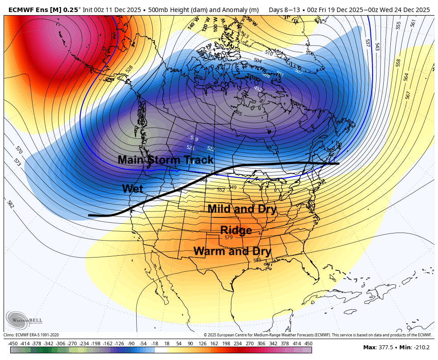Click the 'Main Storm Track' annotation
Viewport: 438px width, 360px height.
tap(166, 160)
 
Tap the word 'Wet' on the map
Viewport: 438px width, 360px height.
tap(133, 189)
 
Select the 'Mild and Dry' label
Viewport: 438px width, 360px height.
tap(242, 209)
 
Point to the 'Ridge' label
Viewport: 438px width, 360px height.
tap(236, 230)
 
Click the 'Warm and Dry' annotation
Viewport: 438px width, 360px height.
tap(232, 251)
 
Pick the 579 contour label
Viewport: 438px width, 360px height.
tap(228, 238)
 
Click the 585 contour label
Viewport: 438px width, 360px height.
tap(257, 260)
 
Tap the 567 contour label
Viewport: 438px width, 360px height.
tap(408, 95)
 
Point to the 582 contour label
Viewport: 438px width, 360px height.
tap(10, 204)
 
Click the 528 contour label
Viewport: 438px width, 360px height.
tap(129, 69)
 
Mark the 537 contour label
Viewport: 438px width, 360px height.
tap(368, 43)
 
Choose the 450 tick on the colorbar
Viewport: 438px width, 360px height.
tap(308, 344)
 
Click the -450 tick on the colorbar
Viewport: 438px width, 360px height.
tap(13, 344)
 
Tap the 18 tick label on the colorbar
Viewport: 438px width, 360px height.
tap(167, 344)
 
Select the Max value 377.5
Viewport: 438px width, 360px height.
tap(385, 348)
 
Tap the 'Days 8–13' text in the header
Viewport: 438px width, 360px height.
tap(282, 9)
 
